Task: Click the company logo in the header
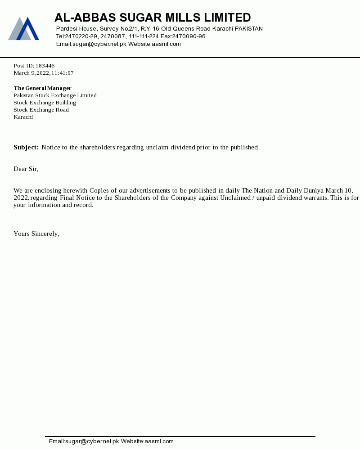(23, 29)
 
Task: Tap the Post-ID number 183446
(45, 66)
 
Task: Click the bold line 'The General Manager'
(42, 88)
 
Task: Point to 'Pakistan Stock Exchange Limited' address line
(55, 95)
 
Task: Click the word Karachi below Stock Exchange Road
(23, 117)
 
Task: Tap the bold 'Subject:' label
(26, 147)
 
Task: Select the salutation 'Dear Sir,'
(26, 169)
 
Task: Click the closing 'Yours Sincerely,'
(36, 234)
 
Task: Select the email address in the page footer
(84, 441)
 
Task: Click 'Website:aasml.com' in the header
(154, 44)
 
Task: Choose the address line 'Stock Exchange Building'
(45, 103)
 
